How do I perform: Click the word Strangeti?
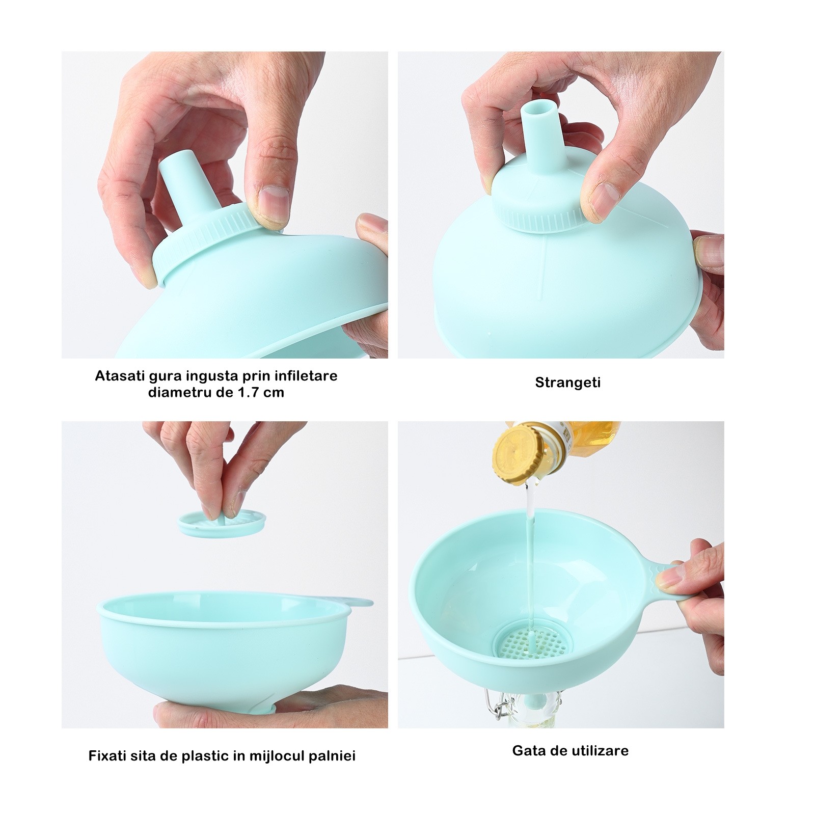(x=567, y=383)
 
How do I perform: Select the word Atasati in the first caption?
(x=117, y=376)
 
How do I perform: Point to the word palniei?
(x=332, y=756)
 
